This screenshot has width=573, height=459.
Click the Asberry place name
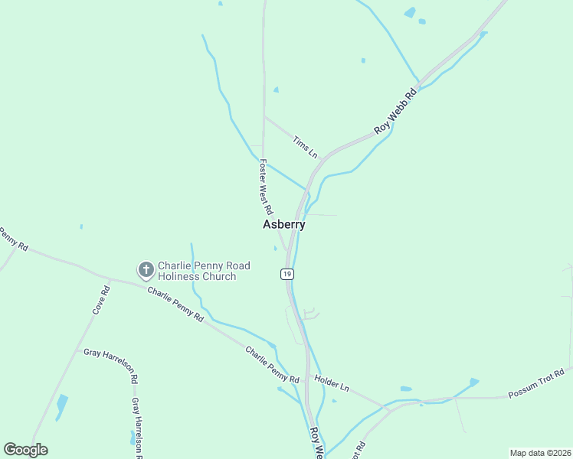[x=283, y=225]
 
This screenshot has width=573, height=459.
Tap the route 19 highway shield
[x=286, y=274]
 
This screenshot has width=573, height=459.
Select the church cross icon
[x=146, y=269]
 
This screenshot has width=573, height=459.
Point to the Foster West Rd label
[x=266, y=186]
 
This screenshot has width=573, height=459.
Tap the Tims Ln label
[x=305, y=146]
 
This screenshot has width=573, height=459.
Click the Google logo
[x=25, y=450]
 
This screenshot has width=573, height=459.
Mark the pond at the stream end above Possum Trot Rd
[x=474, y=381]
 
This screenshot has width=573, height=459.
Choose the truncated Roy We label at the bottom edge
[x=316, y=443]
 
